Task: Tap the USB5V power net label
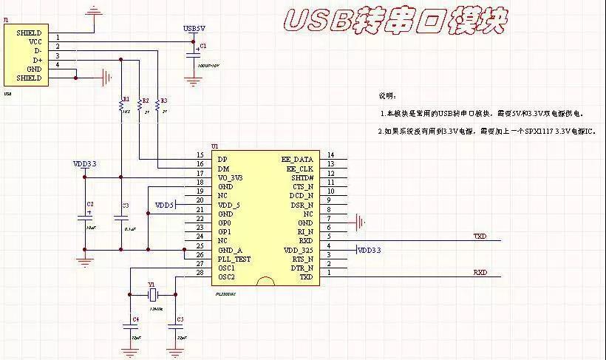(x=194, y=28)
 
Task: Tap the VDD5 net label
(x=164, y=204)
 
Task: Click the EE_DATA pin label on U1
(x=297, y=159)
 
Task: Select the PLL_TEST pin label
(x=234, y=259)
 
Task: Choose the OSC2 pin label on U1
(x=226, y=277)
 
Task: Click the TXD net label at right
(x=480, y=237)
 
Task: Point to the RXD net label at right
(x=480, y=272)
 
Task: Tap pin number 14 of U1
(x=330, y=154)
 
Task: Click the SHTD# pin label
(x=302, y=177)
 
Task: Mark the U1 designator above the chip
(x=215, y=146)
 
